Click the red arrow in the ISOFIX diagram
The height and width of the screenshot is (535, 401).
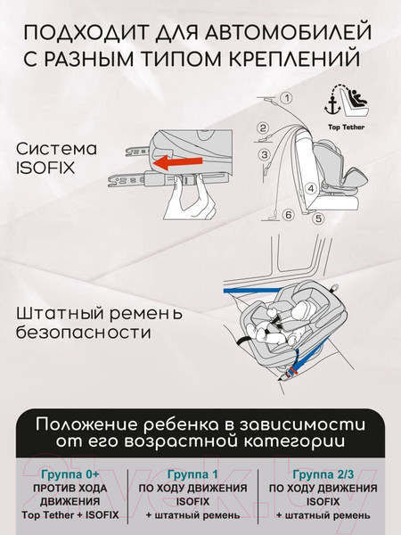coord(177,162)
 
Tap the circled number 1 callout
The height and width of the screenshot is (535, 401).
coord(287,98)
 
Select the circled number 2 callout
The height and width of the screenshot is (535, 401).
coord(263,128)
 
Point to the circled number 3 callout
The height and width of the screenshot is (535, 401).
coord(265,154)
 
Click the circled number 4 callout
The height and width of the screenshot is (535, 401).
coord(311,188)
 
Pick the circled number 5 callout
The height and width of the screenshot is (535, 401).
coord(318,218)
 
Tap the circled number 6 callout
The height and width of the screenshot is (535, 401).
coord(289,215)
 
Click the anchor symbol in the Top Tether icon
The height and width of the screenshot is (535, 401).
coord(332,105)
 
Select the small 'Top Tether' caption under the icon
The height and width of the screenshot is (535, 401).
coord(346,128)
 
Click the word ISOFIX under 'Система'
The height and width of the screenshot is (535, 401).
coord(45,169)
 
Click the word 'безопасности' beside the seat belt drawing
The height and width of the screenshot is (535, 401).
coord(84,332)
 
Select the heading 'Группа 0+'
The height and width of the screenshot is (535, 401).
coord(70,474)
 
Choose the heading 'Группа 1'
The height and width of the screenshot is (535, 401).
coord(192,474)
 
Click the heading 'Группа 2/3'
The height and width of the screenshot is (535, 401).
coord(323,474)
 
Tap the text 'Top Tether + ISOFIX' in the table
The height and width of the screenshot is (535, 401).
coord(70,514)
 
